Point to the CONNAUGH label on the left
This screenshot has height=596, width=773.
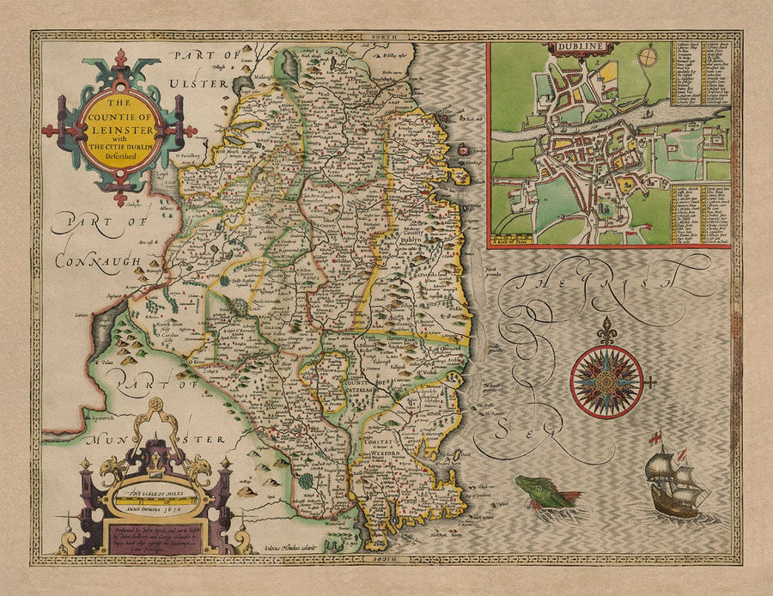pyautogui.click(x=94, y=259)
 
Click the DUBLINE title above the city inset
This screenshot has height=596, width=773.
pyautogui.click(x=569, y=47)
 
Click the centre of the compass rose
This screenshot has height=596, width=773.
pyautogui.click(x=606, y=378)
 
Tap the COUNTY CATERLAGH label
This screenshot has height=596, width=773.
pyautogui.click(x=368, y=386)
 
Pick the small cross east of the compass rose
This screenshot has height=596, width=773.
pyautogui.click(x=653, y=379)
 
